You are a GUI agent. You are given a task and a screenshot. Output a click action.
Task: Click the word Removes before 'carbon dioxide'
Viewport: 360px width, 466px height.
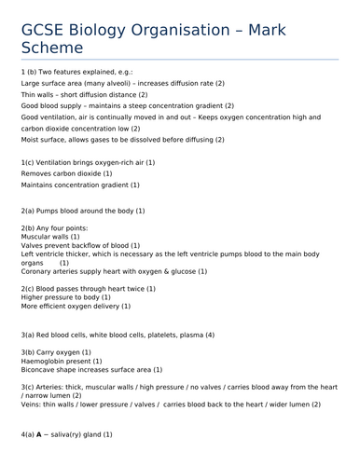coord(36,173)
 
